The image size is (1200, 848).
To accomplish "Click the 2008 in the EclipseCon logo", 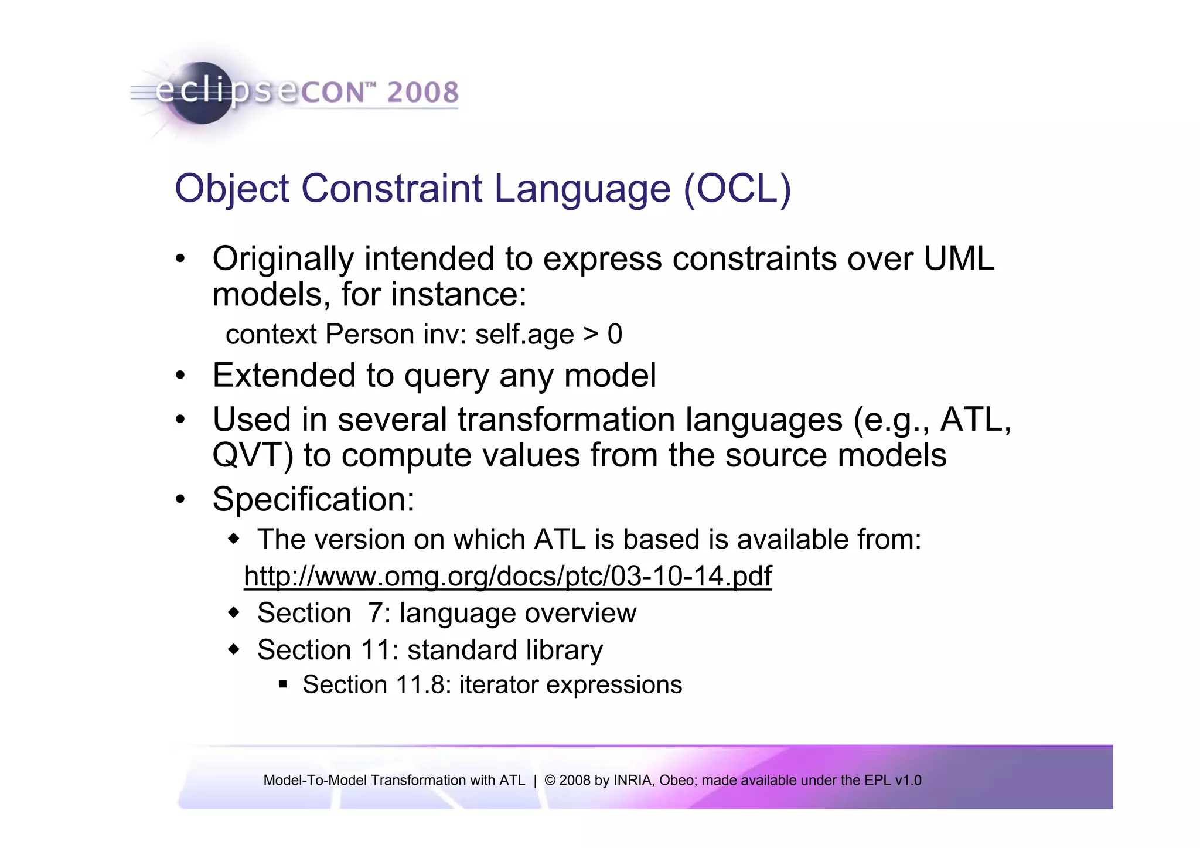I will click(422, 93).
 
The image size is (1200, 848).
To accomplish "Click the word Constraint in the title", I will click(391, 189).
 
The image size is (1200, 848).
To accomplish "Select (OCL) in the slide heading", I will click(737, 189).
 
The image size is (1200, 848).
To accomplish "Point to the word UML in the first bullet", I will click(959, 258).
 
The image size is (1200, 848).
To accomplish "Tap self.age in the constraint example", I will click(524, 335).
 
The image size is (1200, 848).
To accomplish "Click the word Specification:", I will click(313, 499).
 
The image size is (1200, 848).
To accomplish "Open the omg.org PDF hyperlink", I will click(507, 576).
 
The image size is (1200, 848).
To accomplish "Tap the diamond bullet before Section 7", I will click(234, 612).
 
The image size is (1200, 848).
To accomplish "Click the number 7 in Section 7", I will click(375, 613).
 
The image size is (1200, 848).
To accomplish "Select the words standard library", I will click(504, 650).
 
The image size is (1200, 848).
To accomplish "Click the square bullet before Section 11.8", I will click(283, 683).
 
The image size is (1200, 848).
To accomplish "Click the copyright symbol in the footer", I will click(550, 780).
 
